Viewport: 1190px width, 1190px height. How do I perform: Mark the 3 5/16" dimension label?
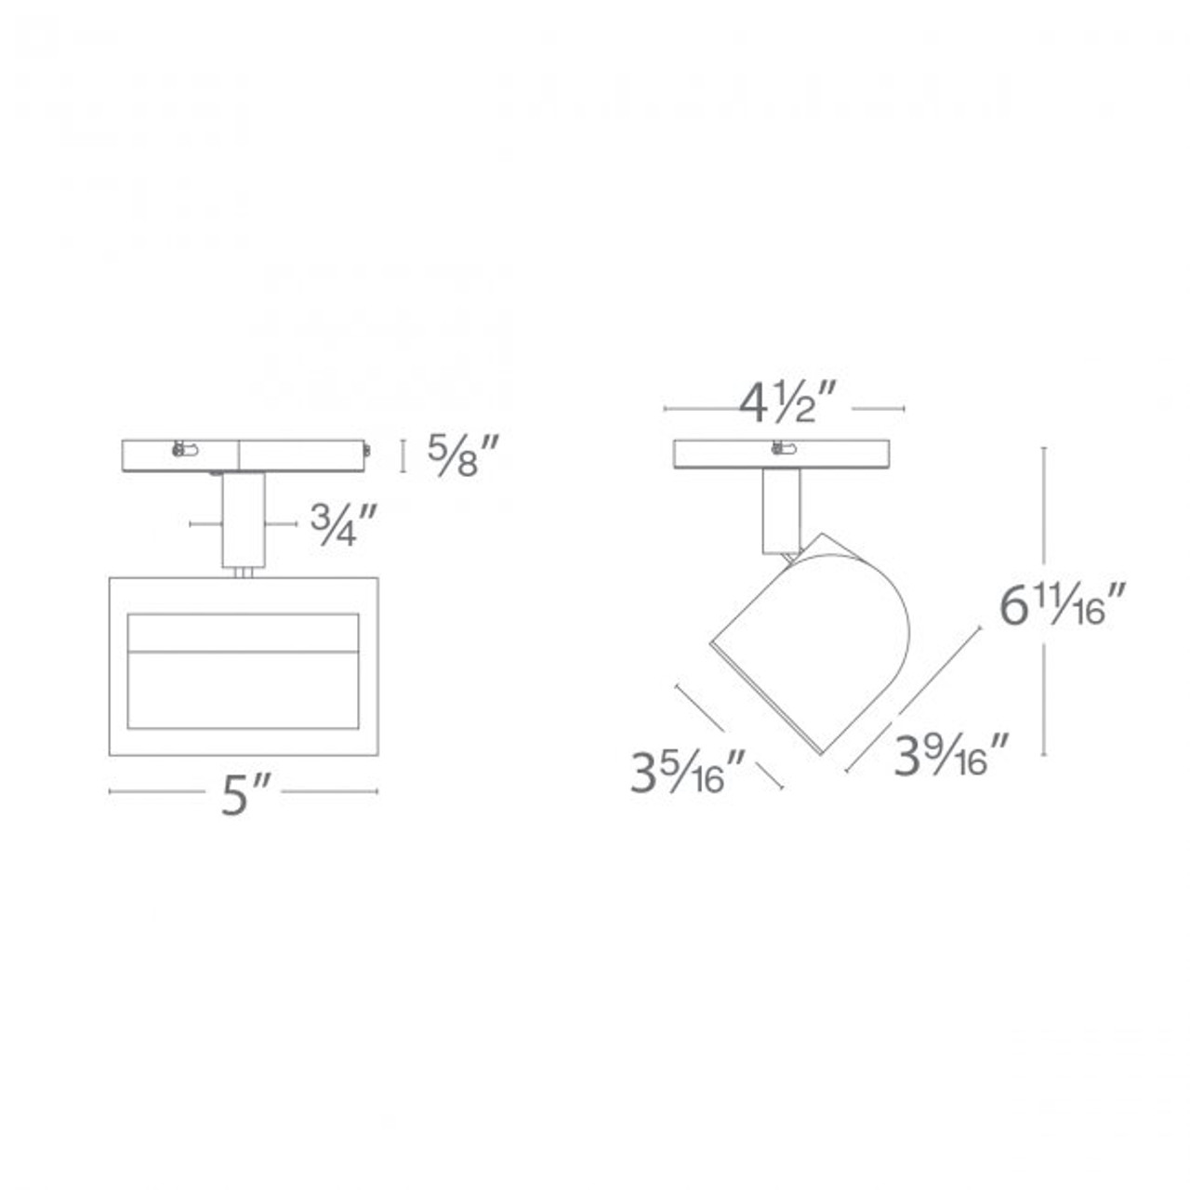[688, 773]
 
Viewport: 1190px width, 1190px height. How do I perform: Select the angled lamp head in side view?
[809, 641]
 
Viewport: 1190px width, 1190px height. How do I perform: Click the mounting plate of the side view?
[787, 456]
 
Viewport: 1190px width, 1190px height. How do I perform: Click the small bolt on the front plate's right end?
[367, 451]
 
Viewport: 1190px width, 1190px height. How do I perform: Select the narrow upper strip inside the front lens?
[244, 632]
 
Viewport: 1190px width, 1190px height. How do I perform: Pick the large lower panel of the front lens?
[244, 688]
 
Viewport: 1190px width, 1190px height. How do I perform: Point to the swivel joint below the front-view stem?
[244, 573]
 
